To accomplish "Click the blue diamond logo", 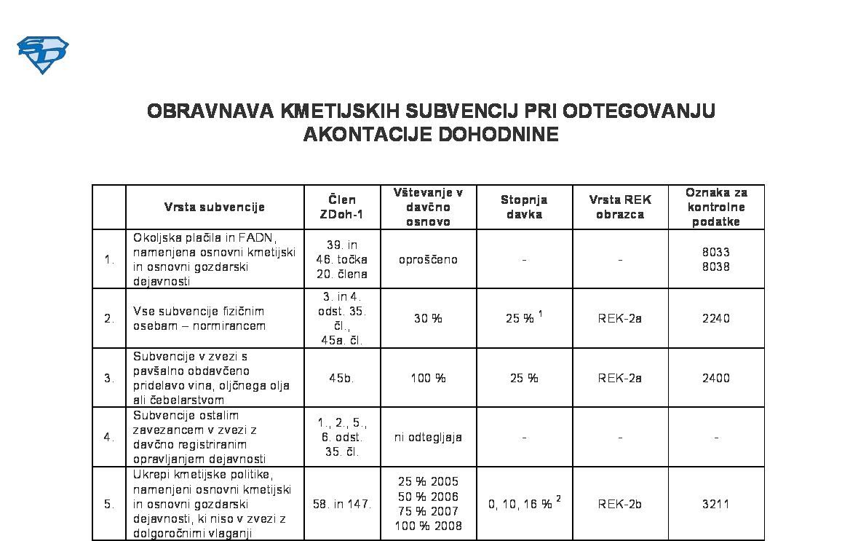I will tap(42, 55).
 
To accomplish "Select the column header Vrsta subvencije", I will tap(215, 207).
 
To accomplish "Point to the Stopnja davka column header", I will tap(524, 207).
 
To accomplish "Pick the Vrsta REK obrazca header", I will tap(620, 207).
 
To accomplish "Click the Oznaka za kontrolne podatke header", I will tap(716, 207).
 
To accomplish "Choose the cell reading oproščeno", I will tap(428, 259).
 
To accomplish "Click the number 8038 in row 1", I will tap(716, 266).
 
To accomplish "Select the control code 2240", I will tap(716, 318).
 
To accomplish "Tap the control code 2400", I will tap(716, 378).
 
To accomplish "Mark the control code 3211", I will tap(716, 504).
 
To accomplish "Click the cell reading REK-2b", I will tap(620, 504).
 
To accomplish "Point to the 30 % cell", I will tap(428, 318).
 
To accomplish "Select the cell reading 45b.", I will tap(342, 378).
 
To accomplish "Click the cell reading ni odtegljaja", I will tap(428, 437).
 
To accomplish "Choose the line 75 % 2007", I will tap(428, 511).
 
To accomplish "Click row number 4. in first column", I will tap(109, 437).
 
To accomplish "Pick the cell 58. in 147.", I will tap(342, 504).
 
